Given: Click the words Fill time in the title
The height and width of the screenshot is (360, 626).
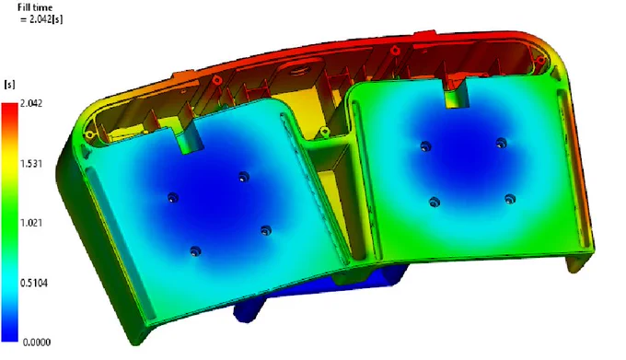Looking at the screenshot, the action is (x=35, y=7).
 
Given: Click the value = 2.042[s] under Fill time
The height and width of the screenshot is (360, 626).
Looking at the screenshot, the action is (x=41, y=18).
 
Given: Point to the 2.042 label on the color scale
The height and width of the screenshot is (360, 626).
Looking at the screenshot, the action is (x=31, y=103).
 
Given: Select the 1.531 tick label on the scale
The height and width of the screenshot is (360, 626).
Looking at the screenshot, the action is (x=31, y=164).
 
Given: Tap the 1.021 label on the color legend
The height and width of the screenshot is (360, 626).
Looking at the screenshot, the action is (x=31, y=223).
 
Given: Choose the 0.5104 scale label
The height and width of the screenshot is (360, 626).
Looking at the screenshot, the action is (x=34, y=283).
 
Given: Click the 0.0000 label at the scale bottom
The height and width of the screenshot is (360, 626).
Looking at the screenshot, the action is (x=37, y=342).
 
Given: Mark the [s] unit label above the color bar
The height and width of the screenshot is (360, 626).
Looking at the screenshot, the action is (x=9, y=84).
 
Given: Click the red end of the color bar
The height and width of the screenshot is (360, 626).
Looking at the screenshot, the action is (x=9, y=110).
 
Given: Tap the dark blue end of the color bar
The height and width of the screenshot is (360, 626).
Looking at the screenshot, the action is (x=9, y=333).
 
